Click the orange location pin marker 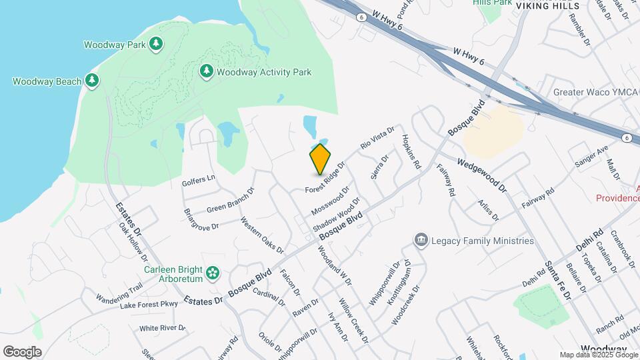pos(320,159)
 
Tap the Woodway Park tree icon pos(156,45)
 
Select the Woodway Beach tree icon pos(92,81)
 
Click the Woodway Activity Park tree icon pos(207,71)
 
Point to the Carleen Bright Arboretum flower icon pos(213,272)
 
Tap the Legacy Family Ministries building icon pos(421,240)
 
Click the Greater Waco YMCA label pos(596,92)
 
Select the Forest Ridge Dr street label pos(325,178)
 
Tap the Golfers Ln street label pos(199,179)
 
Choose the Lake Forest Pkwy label pos(149,305)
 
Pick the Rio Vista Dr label pos(377,137)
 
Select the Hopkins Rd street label pos(411,151)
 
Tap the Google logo pos(22,352)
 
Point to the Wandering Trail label pos(119,293)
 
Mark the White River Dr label pos(162,328)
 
